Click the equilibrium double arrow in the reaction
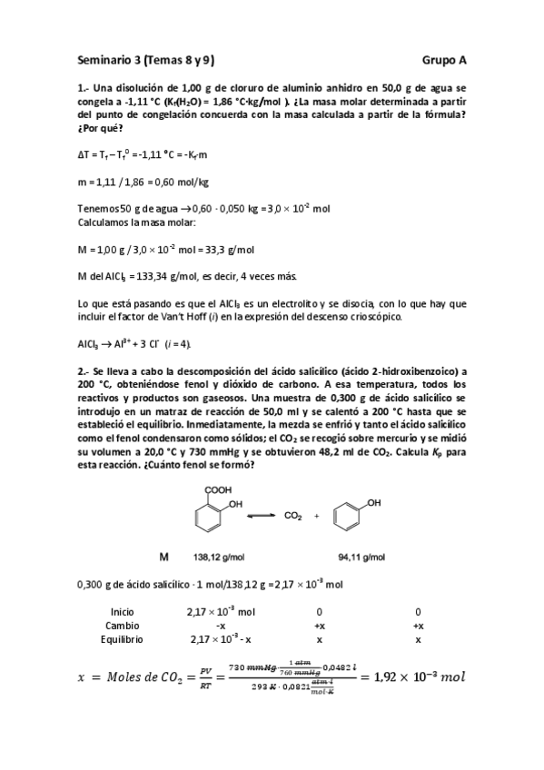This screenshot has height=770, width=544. pyautogui.click(x=261, y=516)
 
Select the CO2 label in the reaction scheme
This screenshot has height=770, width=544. pyautogui.click(x=292, y=516)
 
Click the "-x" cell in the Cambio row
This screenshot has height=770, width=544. pyautogui.click(x=221, y=626)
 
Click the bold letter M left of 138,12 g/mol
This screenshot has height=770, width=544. pyautogui.click(x=165, y=556)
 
